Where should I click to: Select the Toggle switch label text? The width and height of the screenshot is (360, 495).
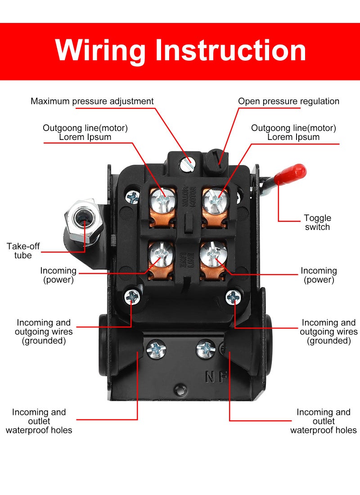click(317, 223)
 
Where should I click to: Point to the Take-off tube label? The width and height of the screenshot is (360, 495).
click(19, 251)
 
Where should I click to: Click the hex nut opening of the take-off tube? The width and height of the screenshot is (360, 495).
click(81, 218)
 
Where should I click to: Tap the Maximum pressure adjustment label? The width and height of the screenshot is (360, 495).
click(92, 101)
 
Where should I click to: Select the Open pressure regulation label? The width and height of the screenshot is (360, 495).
click(288, 101)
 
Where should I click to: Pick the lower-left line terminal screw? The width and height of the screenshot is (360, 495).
click(160, 254)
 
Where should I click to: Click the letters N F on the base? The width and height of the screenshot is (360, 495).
click(216, 376)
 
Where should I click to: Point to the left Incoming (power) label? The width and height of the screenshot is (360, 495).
click(58, 275)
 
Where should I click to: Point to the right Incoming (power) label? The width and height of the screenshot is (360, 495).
click(319, 275)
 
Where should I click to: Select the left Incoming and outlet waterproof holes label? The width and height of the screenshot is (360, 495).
click(39, 421)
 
